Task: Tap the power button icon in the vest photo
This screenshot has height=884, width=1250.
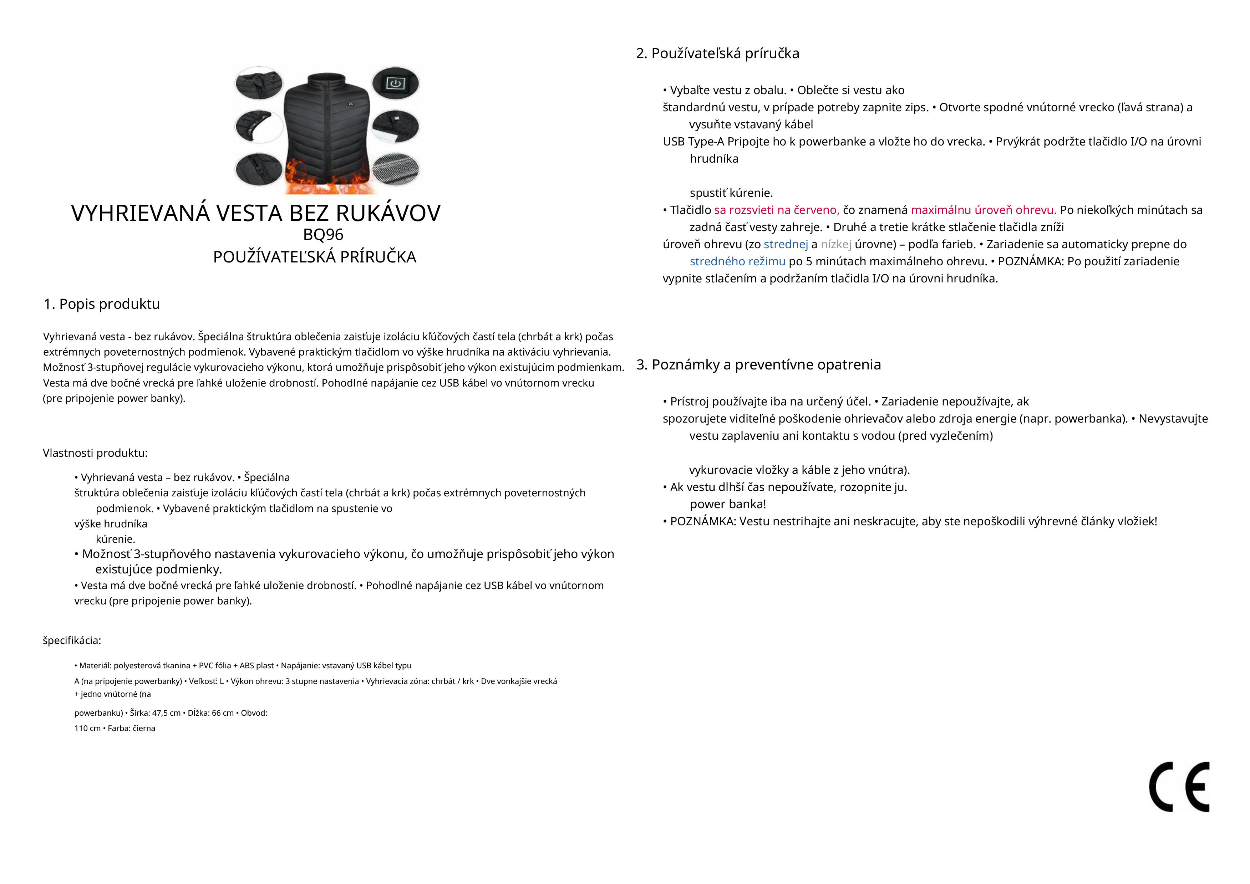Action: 395,83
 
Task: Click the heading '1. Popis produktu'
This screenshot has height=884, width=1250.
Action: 102,304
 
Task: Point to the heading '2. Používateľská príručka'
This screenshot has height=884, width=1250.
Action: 717,53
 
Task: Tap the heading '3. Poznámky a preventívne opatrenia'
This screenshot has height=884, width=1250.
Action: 758,365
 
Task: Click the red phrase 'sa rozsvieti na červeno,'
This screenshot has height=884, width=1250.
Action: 776,210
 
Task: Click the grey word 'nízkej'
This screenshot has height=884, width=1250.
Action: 836,244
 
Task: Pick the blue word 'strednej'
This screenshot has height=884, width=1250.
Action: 786,244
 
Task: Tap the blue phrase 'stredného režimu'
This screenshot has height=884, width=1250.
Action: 737,261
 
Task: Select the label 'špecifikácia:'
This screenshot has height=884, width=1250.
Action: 72,641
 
